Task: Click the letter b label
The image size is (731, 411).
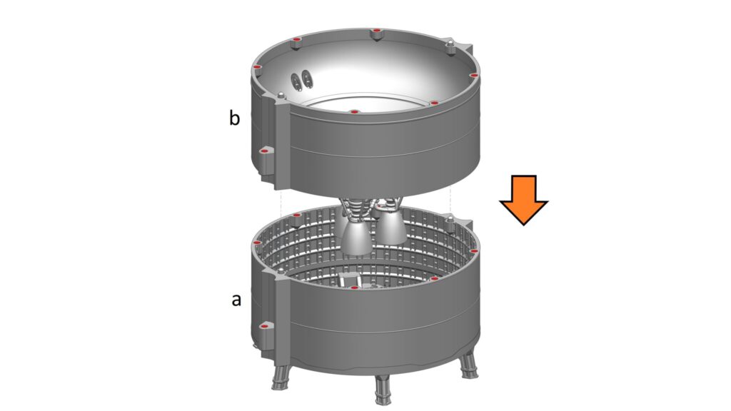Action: pyautogui.click(x=234, y=118)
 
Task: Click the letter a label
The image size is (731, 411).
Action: pyautogui.click(x=236, y=300)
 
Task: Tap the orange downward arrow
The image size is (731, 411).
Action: pyautogui.click(x=523, y=200)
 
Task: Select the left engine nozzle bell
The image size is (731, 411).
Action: pyautogui.click(x=356, y=238)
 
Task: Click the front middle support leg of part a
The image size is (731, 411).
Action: pyautogui.click(x=383, y=390)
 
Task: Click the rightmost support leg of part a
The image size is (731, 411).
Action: pyautogui.click(x=468, y=366)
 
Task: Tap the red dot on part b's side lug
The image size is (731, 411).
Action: pyautogui.click(x=265, y=151)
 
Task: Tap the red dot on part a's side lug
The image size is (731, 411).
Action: pyautogui.click(x=264, y=327)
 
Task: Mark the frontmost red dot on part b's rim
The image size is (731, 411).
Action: pyautogui.click(x=354, y=112)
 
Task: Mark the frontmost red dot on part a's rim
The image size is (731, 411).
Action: pyautogui.click(x=354, y=288)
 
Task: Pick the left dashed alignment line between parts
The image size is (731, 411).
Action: pyautogui.click(x=281, y=203)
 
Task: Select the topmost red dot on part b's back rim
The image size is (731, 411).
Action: pyautogui.click(x=377, y=30)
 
